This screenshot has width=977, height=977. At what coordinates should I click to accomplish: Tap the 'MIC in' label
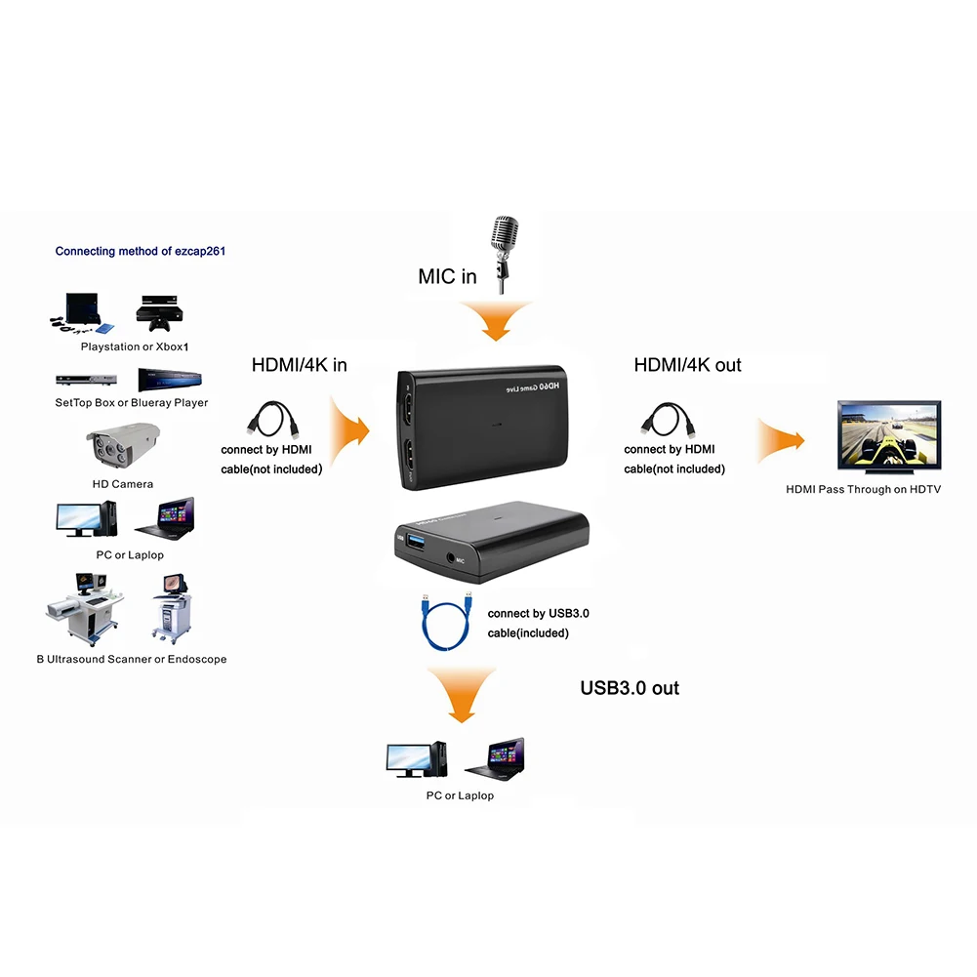pos(447,276)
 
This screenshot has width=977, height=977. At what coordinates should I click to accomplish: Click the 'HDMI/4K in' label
pos(299,365)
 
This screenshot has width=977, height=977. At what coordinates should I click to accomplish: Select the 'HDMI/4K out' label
pos(687,365)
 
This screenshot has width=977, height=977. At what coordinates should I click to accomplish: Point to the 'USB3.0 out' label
pos(630,688)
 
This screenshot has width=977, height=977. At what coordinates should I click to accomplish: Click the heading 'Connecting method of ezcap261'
pos(141,251)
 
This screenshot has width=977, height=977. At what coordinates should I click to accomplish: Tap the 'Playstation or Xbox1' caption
pos(135,346)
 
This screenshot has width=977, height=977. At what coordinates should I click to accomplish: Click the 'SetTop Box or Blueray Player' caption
pos(132,402)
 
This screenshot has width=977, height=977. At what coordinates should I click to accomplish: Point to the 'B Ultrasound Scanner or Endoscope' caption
pos(132,659)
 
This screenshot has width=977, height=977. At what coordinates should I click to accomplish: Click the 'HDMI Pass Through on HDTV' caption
pos(863,489)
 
